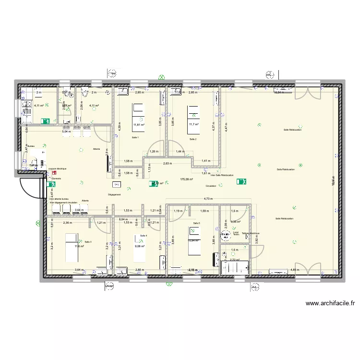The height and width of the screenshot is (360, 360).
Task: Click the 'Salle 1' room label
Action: pyautogui.click(x=134, y=138)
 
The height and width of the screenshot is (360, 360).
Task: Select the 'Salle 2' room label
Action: pyautogui.click(x=193, y=139)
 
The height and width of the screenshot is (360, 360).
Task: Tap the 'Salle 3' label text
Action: pyautogui.click(x=88, y=242)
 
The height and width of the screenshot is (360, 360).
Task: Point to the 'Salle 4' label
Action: pyautogui.click(x=144, y=236)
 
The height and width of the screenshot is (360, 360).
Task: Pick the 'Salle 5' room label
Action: pyautogui.click(x=196, y=224)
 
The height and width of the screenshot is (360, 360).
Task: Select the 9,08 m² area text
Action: pyautogui.click(x=140, y=246)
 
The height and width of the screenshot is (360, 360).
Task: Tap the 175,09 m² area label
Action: pyautogui.click(x=186, y=179)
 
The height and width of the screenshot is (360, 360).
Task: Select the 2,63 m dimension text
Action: pyautogui.click(x=167, y=164)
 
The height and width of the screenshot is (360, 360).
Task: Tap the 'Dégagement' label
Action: pyautogui.click(x=114, y=194)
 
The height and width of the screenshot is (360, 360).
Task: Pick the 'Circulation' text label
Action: pyautogui.click(x=211, y=185)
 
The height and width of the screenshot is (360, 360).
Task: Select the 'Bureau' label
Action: pyautogui.click(x=31, y=146)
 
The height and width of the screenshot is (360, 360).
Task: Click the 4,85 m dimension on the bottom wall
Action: pyautogui.click(x=295, y=270)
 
